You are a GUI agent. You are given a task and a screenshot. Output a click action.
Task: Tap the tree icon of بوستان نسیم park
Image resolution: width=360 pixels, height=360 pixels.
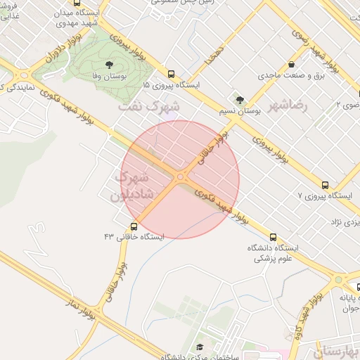coord(240,101)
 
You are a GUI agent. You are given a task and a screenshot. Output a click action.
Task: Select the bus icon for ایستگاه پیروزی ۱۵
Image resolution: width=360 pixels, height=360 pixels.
coord(171,73)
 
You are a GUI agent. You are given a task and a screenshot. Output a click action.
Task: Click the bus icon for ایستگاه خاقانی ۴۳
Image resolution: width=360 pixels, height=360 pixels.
coord(134,226)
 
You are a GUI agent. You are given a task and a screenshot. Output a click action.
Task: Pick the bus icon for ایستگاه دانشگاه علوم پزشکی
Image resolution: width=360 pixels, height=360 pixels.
coord(273,238)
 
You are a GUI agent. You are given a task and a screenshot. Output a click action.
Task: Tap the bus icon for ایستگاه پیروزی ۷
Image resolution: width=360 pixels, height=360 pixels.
coord(324,185)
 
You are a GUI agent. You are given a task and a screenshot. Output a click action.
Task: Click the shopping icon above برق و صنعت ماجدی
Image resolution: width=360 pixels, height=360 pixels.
coord(311,65)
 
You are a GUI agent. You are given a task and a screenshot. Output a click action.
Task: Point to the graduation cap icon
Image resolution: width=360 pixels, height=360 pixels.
coord(199,347)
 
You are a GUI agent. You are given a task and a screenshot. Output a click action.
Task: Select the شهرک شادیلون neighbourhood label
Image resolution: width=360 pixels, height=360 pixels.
coord(131,186)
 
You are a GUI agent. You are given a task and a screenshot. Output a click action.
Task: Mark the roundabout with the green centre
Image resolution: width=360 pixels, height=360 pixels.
coord(339,280)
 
